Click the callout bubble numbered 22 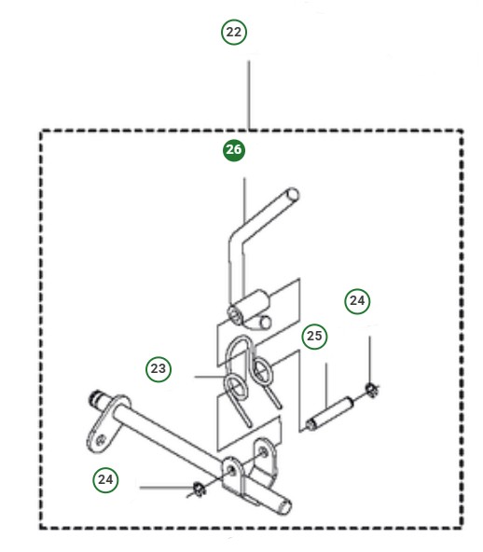click(x=234, y=32)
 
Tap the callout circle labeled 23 click(x=159, y=369)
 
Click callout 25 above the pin click(x=314, y=336)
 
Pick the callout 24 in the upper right click(x=357, y=300)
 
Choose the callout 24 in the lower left click(x=106, y=479)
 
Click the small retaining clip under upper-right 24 click(x=371, y=387)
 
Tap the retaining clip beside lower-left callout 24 click(x=198, y=488)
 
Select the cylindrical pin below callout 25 click(x=330, y=411)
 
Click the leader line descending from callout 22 click(x=249, y=93)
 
